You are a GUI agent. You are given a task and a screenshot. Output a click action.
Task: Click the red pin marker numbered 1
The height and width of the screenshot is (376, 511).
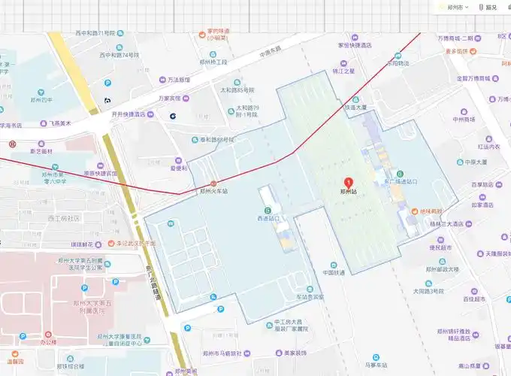pos(349,182)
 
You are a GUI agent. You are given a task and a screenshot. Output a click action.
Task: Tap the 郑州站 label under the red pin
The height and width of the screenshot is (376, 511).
pos(349,193)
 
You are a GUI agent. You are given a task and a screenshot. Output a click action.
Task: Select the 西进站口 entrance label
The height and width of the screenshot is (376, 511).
pos(268,219)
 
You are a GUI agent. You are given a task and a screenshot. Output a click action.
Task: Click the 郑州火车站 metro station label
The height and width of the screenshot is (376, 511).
pos(213,191)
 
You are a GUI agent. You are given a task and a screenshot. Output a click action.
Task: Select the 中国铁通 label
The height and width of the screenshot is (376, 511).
pos(334,272)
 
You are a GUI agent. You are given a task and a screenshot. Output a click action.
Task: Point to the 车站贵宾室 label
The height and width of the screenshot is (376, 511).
pos(310,298)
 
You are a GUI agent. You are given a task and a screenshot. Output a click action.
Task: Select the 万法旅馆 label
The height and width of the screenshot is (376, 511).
pos(178,79)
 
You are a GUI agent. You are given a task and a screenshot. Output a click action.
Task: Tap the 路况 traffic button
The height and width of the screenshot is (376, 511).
pos(487,7)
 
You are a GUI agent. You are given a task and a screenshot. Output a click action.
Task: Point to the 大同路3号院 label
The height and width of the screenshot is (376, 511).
pos(429,290)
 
